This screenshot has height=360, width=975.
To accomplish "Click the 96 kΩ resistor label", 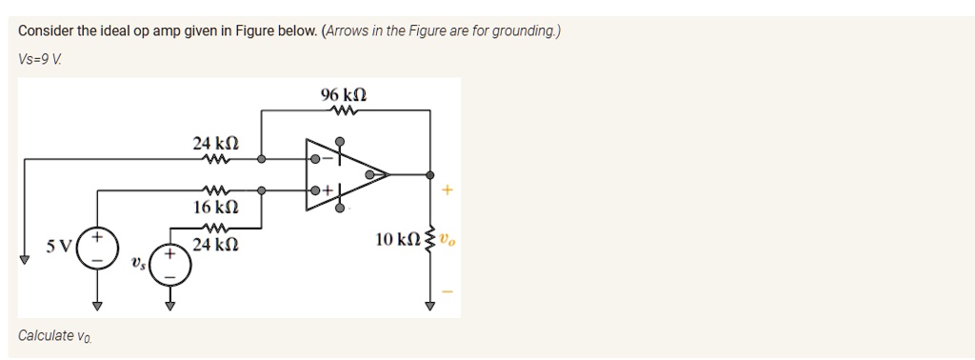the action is tap(345, 96).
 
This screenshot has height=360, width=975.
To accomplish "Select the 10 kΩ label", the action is tap(397, 238).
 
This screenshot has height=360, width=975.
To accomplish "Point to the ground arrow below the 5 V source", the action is tap(97, 306).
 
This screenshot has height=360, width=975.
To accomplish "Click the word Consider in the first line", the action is tap(46, 30).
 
